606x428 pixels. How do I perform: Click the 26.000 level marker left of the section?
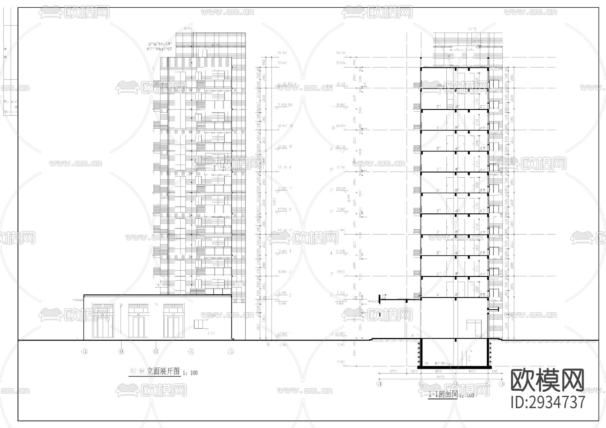pyautogui.click(x=340, y=147)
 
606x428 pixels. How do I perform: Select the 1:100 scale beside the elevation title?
pyautogui.click(x=190, y=373)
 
